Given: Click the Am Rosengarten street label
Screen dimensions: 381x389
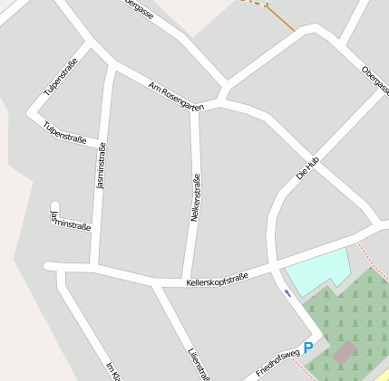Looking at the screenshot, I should tap(176, 96).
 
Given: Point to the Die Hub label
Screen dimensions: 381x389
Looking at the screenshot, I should tap(308, 167).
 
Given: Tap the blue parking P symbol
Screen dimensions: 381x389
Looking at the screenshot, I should tap(308, 348).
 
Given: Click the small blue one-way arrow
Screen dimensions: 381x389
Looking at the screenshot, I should tap(287, 292).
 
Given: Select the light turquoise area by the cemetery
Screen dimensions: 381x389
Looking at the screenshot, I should tap(317, 270).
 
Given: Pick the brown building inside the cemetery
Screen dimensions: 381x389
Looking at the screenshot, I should tap(344, 352).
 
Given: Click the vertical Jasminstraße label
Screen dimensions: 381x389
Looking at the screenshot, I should tap(101, 166).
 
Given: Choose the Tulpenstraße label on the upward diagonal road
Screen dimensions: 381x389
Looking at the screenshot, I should tap(60, 77).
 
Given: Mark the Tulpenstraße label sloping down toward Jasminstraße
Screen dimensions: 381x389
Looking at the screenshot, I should tap(64, 132).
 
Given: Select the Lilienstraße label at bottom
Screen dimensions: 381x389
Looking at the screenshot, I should tap(198, 363).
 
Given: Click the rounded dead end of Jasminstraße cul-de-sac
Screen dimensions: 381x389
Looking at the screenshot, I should tap(54, 207).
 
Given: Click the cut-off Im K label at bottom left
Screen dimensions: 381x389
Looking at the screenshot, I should tap(112, 370).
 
